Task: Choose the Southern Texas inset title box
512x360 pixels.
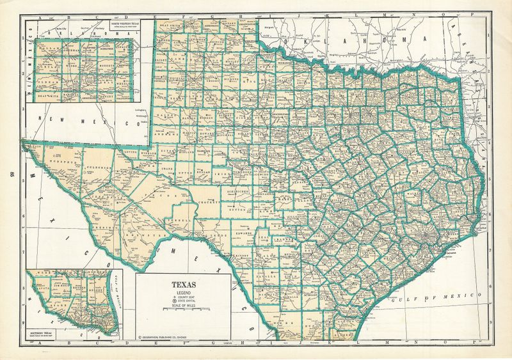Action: tap(45, 334)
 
